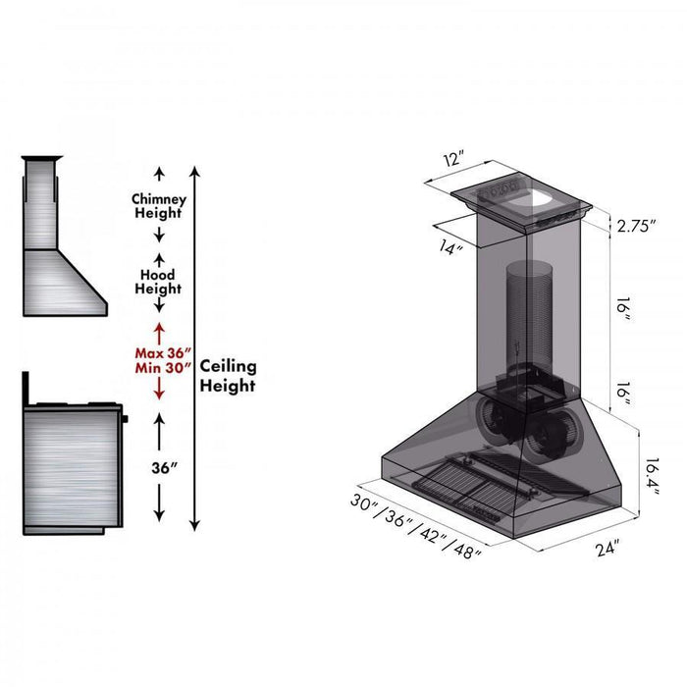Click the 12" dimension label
click(452, 159)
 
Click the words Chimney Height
click(159, 206)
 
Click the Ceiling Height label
click(228, 375)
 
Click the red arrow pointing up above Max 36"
click(159, 329)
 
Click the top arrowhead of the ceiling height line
click(195, 173)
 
